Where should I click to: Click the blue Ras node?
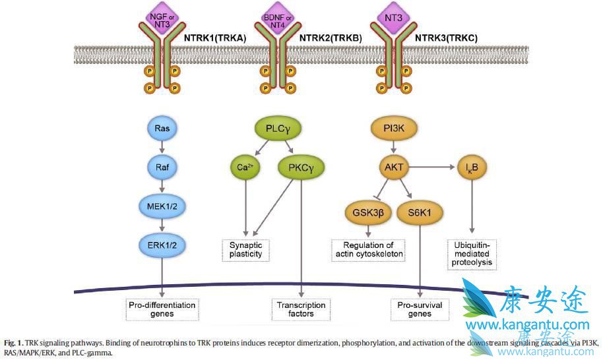162,128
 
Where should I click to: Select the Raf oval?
162,168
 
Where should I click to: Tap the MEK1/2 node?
162,206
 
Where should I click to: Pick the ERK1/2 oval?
162,245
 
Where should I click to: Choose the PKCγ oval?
301,167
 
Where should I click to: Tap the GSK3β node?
368,213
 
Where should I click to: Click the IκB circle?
472,167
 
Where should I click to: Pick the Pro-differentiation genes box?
162,309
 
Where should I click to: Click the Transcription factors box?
301,309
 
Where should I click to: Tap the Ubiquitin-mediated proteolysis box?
472,254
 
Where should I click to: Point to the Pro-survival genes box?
420,309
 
